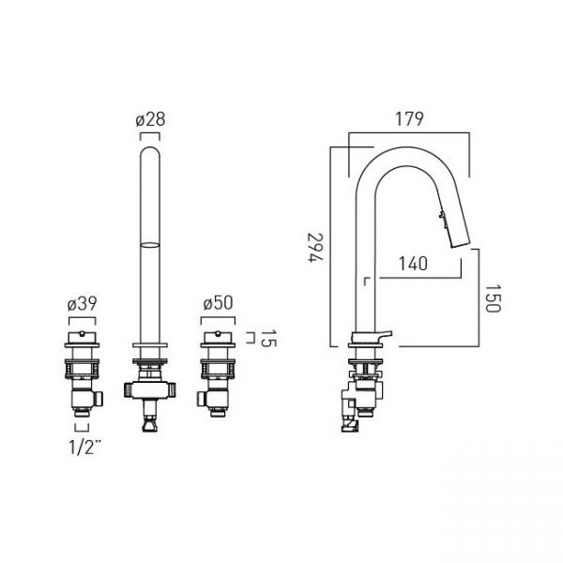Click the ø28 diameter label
[150, 120]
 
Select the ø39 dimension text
[83, 304]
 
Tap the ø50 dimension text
[218, 304]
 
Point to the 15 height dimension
[268, 339]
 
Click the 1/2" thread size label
[84, 447]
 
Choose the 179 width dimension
[409, 119]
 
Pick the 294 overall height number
[316, 248]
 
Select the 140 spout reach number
[413, 264]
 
